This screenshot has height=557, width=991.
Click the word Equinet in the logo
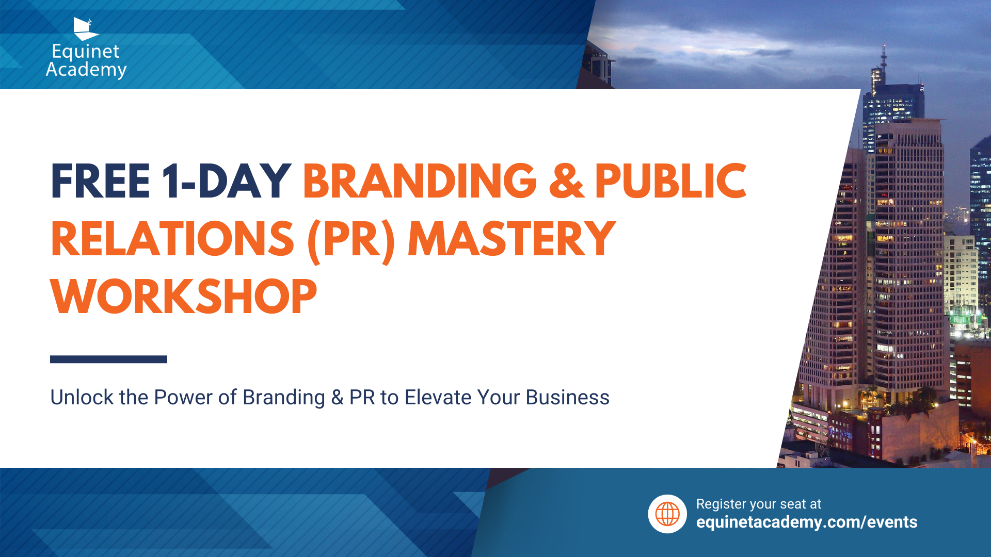tap(86, 52)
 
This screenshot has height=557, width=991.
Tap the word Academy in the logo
tap(86, 70)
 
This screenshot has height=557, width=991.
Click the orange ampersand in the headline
tap(567, 181)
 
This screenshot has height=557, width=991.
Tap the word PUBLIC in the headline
tap(670, 181)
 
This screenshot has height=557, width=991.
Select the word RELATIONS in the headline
tap(173, 239)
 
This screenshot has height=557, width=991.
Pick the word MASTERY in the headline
tap(512, 239)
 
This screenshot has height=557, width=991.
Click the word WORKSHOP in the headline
tap(184, 297)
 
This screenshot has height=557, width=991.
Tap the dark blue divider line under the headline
tap(108, 359)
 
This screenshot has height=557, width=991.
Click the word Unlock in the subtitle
tap(82, 398)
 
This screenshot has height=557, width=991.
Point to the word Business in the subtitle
tap(567, 398)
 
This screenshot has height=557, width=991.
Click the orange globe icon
tap(667, 514)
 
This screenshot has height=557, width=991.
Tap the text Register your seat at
tap(758, 504)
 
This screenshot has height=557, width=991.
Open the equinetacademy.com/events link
tap(807, 522)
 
